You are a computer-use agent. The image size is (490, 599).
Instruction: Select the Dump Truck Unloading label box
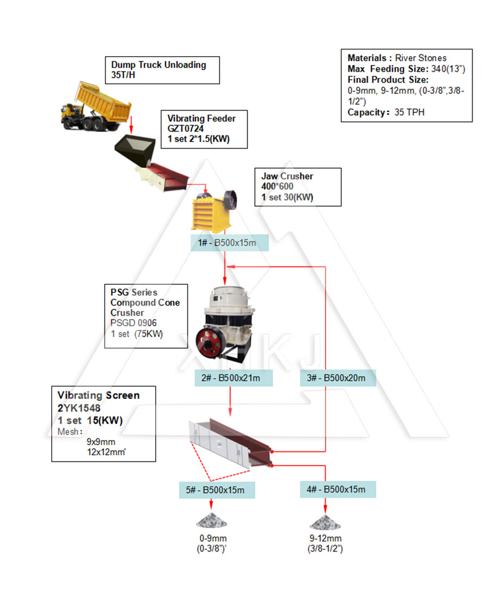(x=162, y=70)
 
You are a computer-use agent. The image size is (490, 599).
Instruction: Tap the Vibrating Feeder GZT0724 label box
(x=204, y=129)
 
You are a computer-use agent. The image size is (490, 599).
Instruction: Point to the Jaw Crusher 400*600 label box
(x=298, y=186)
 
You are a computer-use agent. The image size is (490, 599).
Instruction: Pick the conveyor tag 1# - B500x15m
(x=229, y=242)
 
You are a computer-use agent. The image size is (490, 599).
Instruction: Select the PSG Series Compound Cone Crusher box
(x=146, y=316)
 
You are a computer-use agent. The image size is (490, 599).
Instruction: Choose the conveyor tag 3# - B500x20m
(x=338, y=378)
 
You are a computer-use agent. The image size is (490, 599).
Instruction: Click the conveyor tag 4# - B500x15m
(x=338, y=489)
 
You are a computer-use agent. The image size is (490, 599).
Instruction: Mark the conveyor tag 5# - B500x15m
(x=217, y=490)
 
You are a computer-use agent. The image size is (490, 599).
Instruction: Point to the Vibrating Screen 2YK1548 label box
(x=103, y=424)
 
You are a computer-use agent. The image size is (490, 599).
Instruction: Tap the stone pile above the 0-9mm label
(x=212, y=521)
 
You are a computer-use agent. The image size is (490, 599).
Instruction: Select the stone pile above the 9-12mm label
(x=325, y=522)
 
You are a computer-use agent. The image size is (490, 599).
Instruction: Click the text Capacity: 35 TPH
(x=385, y=113)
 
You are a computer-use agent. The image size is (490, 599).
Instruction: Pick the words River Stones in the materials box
(x=420, y=58)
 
